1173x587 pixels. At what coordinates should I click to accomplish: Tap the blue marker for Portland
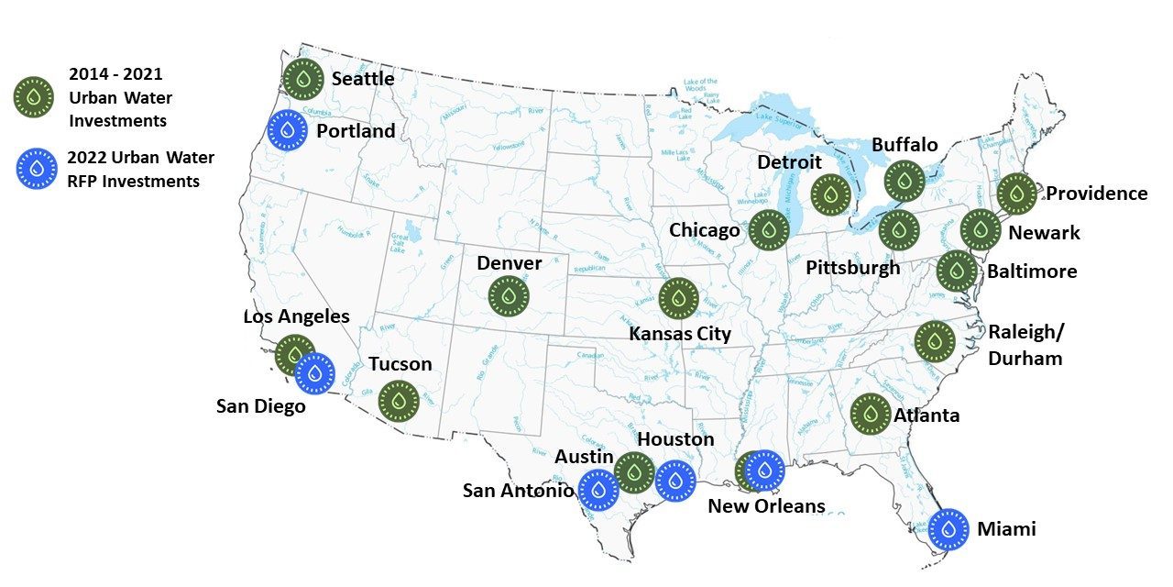pyautogui.click(x=288, y=130)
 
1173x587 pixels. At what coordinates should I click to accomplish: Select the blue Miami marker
pyautogui.click(x=948, y=528)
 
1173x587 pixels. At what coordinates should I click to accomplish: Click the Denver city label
pyautogui.click(x=510, y=263)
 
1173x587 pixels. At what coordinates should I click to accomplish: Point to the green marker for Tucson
pyautogui.click(x=399, y=401)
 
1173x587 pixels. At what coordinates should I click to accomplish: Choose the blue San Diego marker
pyautogui.click(x=314, y=372)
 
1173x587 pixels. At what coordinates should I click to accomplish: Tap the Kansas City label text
pyautogui.click(x=679, y=333)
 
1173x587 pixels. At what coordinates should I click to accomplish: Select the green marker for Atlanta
pyautogui.click(x=870, y=414)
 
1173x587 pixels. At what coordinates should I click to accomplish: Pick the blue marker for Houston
pyautogui.click(x=675, y=481)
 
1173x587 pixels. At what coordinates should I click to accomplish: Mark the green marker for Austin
pyautogui.click(x=633, y=472)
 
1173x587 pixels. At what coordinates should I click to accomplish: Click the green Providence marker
pyautogui.click(x=1016, y=194)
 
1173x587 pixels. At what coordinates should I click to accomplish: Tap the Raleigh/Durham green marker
pyautogui.click(x=935, y=341)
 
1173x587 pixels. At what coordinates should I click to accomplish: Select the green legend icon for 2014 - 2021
pyautogui.click(x=34, y=96)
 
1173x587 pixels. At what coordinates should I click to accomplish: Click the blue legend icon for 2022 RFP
pyautogui.click(x=37, y=170)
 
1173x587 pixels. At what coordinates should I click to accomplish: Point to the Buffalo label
pyautogui.click(x=904, y=145)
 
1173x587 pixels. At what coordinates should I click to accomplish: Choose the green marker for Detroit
pyautogui.click(x=830, y=194)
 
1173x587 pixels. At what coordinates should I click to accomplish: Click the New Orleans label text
pyautogui.click(x=766, y=506)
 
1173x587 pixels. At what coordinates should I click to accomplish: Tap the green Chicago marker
pyautogui.click(x=768, y=229)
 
